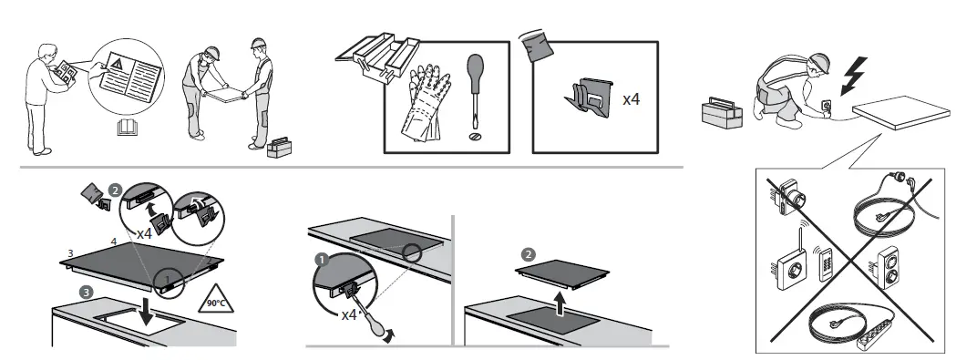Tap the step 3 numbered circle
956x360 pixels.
(85, 292)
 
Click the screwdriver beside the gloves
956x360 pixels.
(473, 91)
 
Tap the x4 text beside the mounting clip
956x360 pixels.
(631, 98)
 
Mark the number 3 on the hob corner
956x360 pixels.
(69, 250)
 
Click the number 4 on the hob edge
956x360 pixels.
(113, 241)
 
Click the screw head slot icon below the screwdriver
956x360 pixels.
(473, 136)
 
